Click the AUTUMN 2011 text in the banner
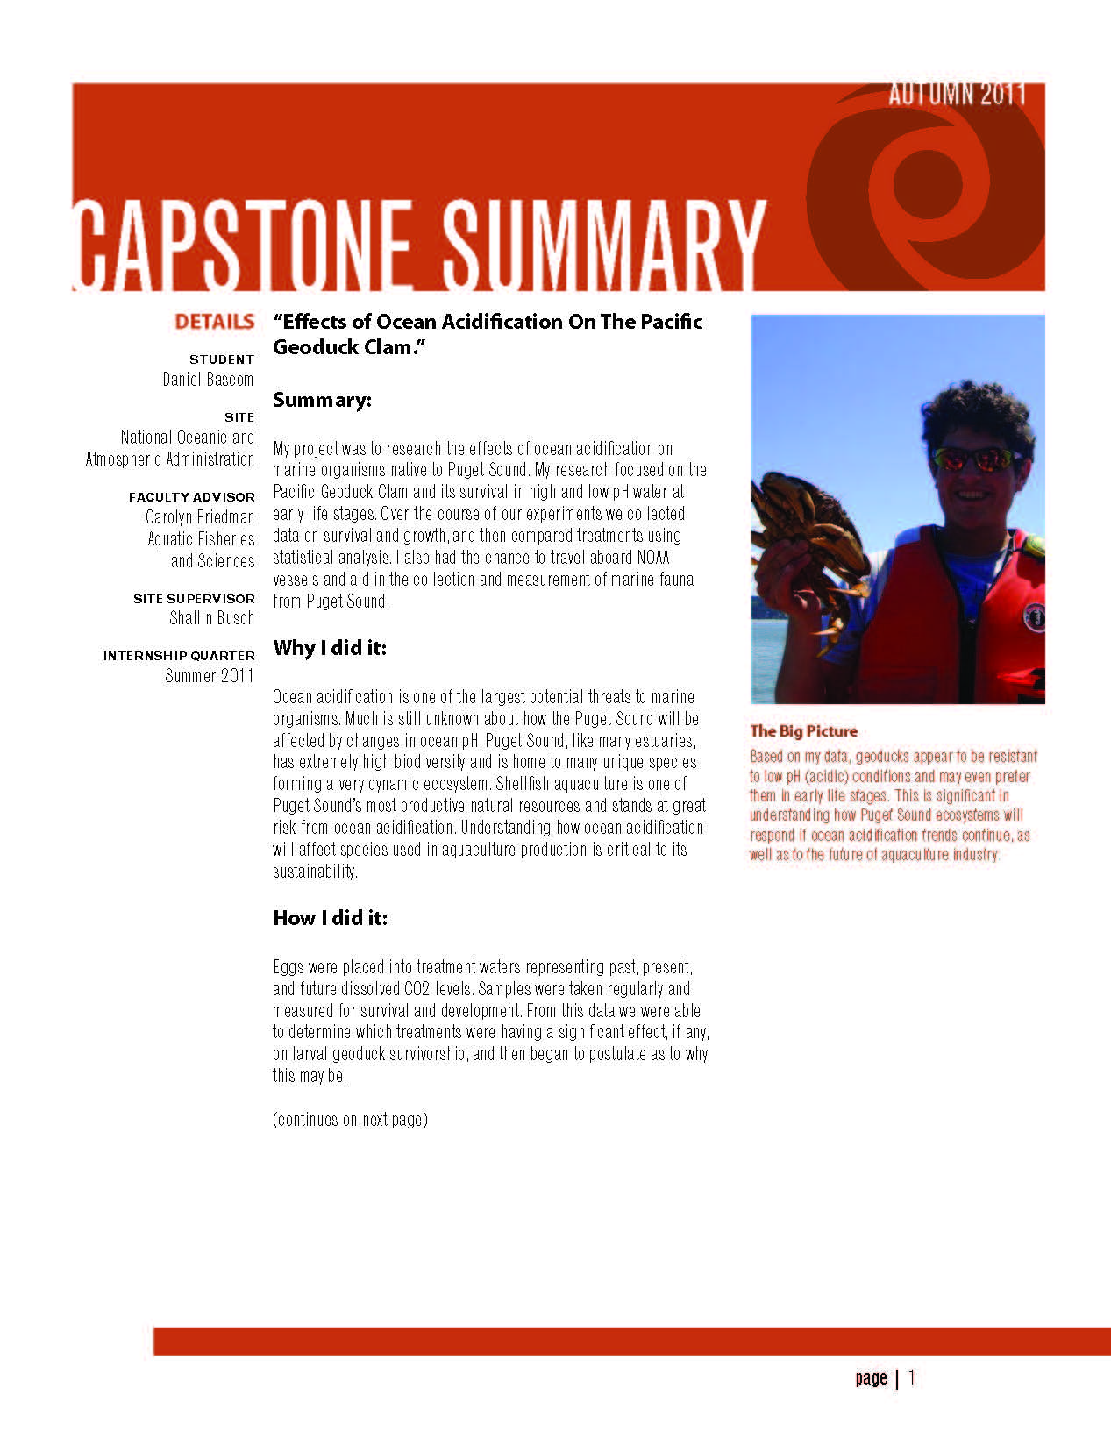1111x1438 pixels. [x=956, y=95]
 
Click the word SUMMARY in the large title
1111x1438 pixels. [x=603, y=245]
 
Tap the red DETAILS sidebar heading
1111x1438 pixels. [x=214, y=322]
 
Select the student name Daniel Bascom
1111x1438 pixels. [x=208, y=380]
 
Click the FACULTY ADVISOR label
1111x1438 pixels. [x=191, y=497]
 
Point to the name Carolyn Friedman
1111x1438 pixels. [x=200, y=517]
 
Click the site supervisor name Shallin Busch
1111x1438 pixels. [x=211, y=618]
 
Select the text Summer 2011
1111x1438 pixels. [x=209, y=676]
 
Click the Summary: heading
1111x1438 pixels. [x=322, y=401]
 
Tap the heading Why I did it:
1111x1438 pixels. [x=330, y=649]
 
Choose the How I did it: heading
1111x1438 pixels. [x=330, y=918]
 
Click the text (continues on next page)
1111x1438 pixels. [x=350, y=1120]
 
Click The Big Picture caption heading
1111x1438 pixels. [x=803, y=731]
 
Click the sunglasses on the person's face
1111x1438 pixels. [x=977, y=459]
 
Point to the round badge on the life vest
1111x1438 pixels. [x=1035, y=616]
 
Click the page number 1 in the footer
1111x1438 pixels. [x=912, y=1377]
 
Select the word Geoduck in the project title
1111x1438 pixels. [x=312, y=347]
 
